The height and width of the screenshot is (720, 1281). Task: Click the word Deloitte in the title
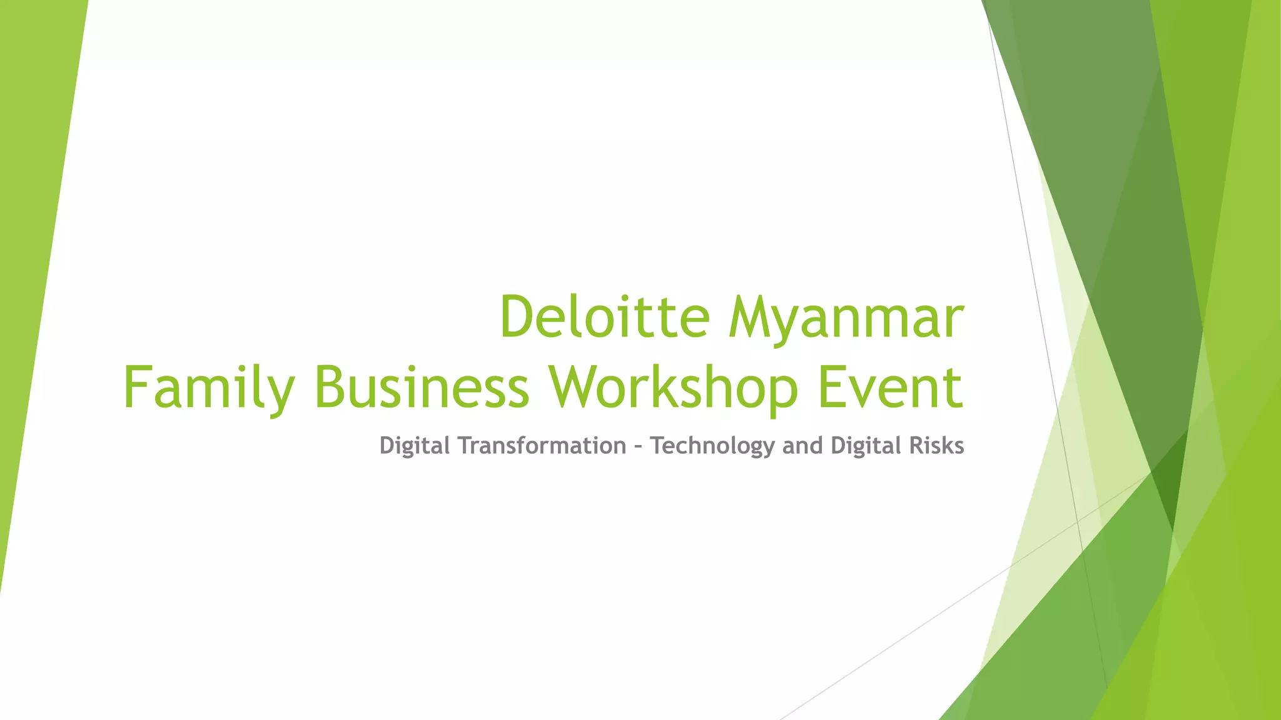(604, 317)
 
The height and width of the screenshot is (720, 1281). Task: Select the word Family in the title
(209, 389)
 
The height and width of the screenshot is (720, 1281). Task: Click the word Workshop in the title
(673, 389)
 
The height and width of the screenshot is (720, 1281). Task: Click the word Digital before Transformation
(415, 446)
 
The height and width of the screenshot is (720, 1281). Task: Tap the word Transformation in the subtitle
(542, 446)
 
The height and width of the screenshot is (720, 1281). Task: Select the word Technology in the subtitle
(712, 446)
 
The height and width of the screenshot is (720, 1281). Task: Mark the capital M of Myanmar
(750, 317)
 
